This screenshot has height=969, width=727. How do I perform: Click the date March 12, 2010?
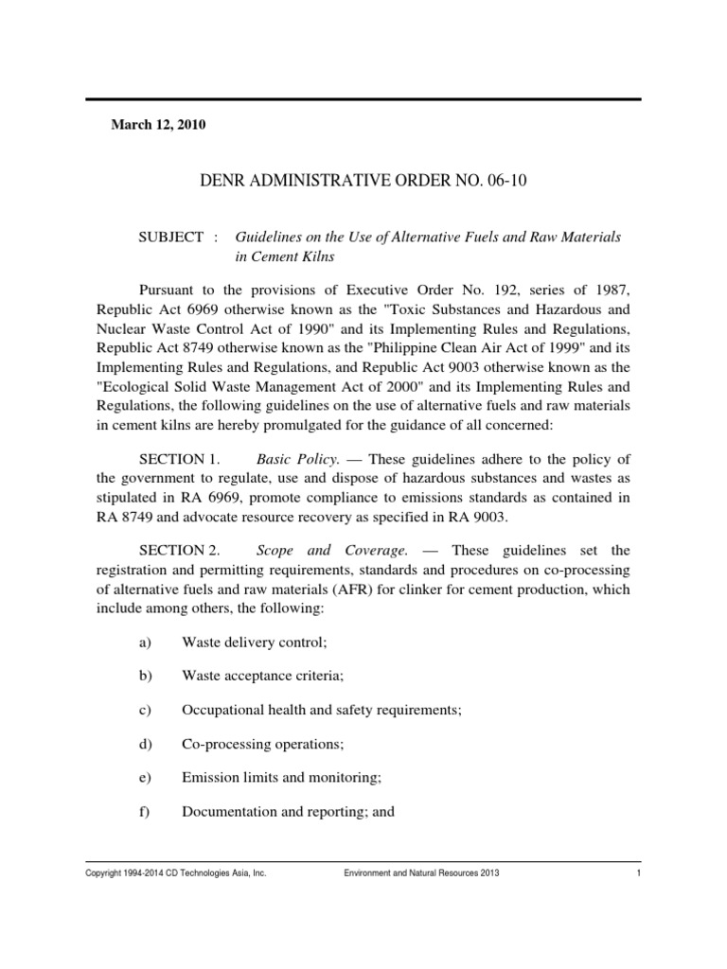coord(159,125)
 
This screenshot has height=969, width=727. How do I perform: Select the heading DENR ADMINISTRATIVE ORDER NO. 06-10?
coord(363,182)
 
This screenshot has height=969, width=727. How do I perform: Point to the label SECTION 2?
coord(179,549)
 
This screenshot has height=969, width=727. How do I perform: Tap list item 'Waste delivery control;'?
coord(254,642)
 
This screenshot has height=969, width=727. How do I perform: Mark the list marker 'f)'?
coord(145,811)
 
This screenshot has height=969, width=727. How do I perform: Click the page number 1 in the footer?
coord(640,873)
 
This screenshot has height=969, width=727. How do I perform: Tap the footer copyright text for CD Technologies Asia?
coord(176,873)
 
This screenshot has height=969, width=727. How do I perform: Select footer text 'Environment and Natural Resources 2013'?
coord(420,873)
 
